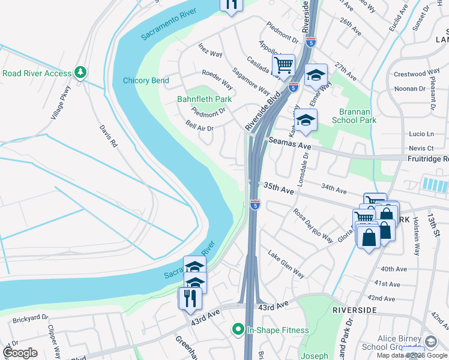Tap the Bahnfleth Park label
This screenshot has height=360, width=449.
[x=204, y=99]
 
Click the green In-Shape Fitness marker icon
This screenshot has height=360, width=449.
[x=238, y=329]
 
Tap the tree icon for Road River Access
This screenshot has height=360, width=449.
[x=80, y=73]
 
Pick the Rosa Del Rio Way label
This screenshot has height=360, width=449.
[x=313, y=225]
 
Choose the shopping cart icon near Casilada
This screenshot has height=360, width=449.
[x=283, y=64]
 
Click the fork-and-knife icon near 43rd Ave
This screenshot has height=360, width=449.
[x=190, y=298]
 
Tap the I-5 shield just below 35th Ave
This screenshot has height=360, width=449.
[x=255, y=205]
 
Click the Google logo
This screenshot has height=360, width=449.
[x=20, y=353]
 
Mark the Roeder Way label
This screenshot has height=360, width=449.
[x=217, y=79]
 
